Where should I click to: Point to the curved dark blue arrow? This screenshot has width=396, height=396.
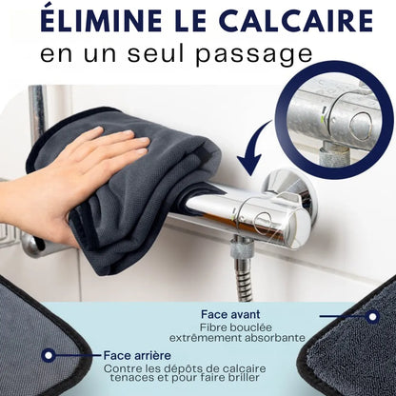(254, 155)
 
